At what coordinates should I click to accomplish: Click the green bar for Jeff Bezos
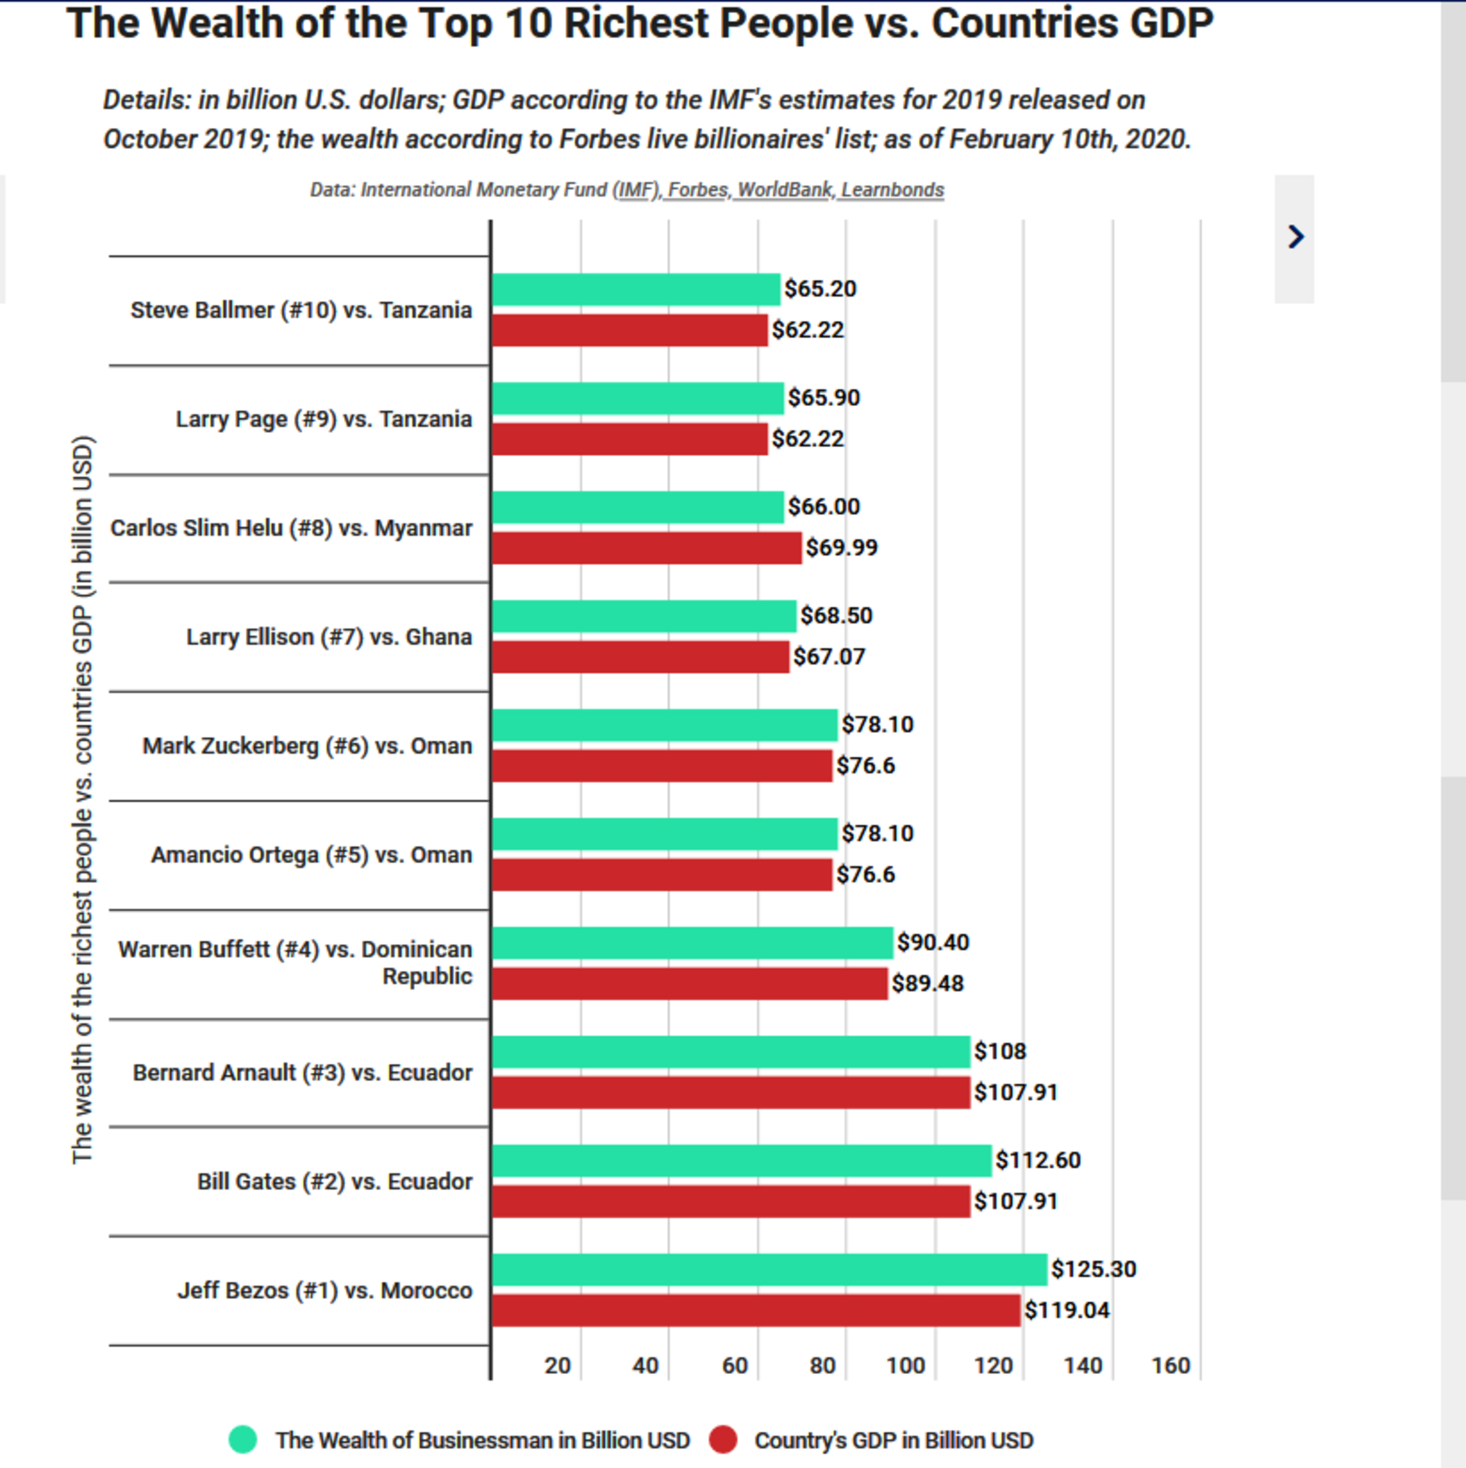point(768,1269)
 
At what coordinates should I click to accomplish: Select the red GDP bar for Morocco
point(756,1310)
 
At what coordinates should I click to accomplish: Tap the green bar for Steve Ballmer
point(635,289)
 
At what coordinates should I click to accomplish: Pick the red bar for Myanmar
point(646,548)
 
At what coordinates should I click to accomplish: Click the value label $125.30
point(1093,1269)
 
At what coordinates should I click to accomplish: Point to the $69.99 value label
point(842,548)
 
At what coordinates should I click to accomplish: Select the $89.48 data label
point(927,984)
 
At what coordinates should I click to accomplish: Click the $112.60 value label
point(1038,1160)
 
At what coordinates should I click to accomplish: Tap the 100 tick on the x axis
point(905,1365)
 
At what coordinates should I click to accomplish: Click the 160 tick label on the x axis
point(1170,1365)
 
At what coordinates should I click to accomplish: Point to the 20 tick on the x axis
point(557,1365)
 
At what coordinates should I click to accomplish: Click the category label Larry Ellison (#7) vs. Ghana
point(329,637)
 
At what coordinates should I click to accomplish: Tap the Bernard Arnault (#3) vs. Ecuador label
point(303,1072)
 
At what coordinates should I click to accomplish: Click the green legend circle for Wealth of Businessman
point(243,1439)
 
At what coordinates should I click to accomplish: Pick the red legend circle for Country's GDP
point(723,1439)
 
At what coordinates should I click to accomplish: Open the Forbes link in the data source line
point(697,190)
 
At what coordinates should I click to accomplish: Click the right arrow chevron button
point(1295,237)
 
